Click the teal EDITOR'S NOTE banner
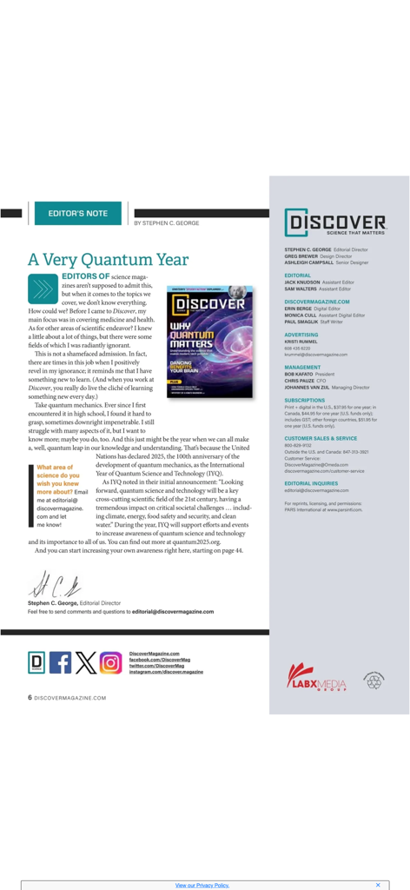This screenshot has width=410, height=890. click(78, 213)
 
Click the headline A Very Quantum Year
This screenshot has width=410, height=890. click(109, 259)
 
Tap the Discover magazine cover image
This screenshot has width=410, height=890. click(208, 341)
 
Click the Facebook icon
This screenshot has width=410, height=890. click(61, 663)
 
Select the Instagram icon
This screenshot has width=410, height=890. click(110, 663)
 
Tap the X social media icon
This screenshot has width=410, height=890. click(85, 663)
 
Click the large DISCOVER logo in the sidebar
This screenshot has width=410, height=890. click(335, 222)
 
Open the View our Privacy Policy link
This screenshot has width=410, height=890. click(202, 885)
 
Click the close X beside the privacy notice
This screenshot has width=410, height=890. click(378, 885)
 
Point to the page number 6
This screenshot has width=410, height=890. click(30, 697)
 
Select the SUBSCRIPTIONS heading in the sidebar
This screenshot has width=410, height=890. click(304, 401)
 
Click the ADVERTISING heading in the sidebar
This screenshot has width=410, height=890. click(301, 334)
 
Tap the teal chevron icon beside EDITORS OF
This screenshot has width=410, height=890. click(42, 287)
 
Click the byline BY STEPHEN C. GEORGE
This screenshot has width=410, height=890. click(167, 223)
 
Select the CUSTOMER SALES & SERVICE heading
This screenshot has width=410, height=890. click(321, 438)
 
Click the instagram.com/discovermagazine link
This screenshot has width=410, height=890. click(166, 672)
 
